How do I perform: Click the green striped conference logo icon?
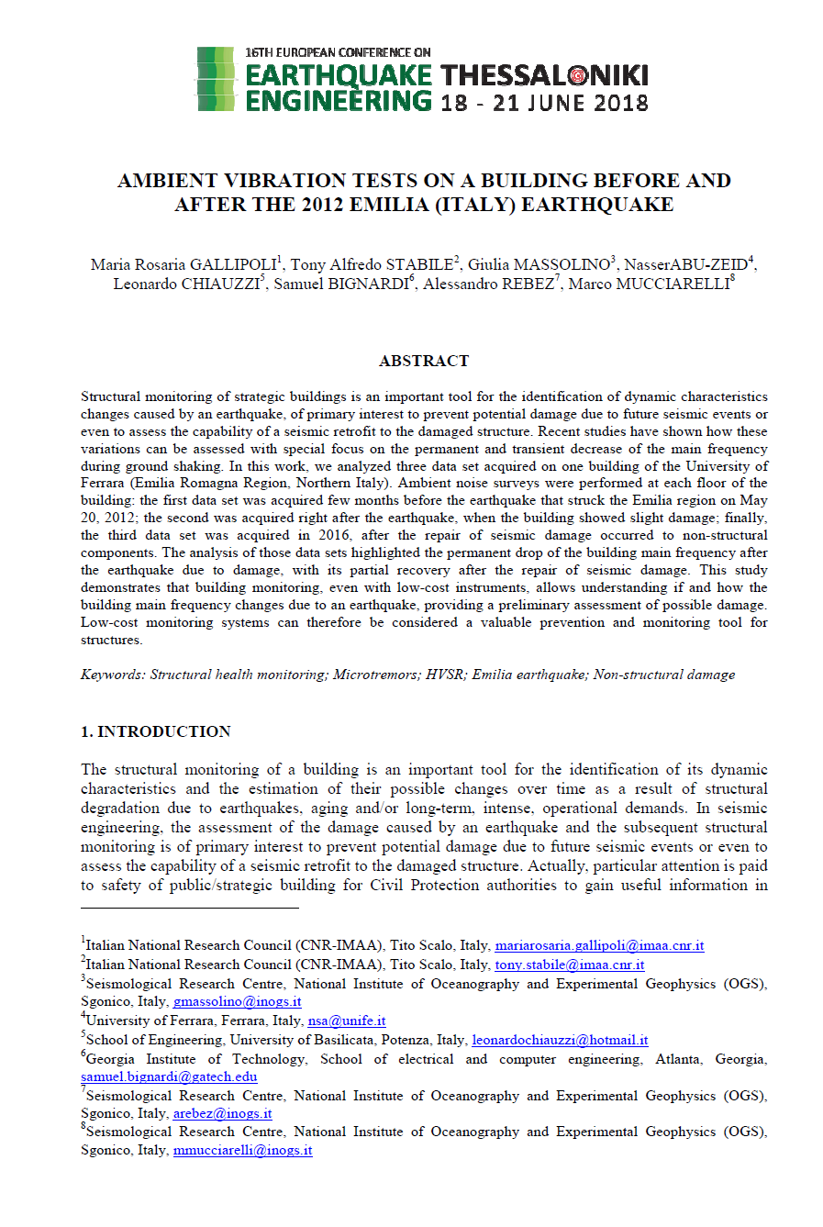click(x=217, y=79)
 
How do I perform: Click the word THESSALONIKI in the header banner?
click(x=544, y=75)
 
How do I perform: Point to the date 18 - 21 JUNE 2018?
click(x=544, y=103)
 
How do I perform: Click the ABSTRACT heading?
click(x=424, y=361)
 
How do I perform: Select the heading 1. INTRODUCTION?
click(x=156, y=731)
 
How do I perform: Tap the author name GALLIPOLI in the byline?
click(x=233, y=265)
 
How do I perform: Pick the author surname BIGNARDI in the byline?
click(x=367, y=284)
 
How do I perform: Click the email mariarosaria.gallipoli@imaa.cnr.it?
click(x=599, y=945)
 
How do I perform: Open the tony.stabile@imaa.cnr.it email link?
click(x=569, y=965)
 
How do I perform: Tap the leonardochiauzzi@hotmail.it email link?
click(x=560, y=1040)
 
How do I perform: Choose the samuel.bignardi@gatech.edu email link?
click(x=169, y=1076)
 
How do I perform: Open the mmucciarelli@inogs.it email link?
click(x=242, y=1150)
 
